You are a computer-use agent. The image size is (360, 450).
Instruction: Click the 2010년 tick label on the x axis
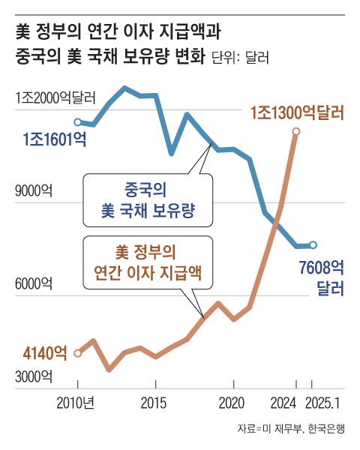click(x=75, y=402)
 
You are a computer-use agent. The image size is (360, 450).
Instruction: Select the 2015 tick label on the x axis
click(x=154, y=402)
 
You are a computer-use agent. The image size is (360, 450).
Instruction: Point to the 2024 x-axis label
click(x=286, y=402)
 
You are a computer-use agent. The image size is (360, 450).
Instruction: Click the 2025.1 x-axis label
click(x=325, y=402)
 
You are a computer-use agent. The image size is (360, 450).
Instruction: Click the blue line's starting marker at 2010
click(x=77, y=121)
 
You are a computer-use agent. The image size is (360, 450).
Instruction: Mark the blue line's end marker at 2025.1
click(x=313, y=244)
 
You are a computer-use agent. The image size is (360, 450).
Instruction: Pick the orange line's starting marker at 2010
click(x=77, y=352)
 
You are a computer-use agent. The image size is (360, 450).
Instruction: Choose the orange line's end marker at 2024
click(x=295, y=132)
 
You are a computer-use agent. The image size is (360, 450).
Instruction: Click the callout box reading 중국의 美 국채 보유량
click(x=147, y=200)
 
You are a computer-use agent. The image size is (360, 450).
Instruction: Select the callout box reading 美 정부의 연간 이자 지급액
click(x=147, y=262)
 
